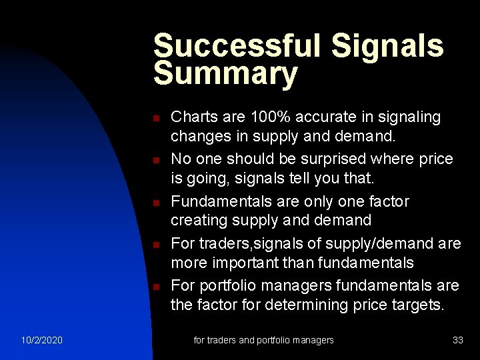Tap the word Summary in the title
pos(225,75)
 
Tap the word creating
pos(198,220)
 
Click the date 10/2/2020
pos(41,341)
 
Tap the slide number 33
pos(457,341)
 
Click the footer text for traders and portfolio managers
pos(263,341)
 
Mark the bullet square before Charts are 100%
pos(155,119)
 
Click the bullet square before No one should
pos(155,161)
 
